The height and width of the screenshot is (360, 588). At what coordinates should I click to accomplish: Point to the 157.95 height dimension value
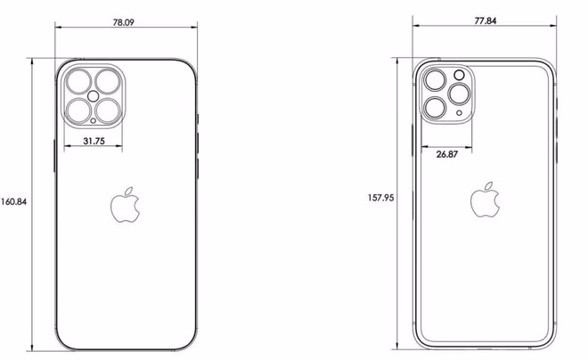pyautogui.click(x=380, y=197)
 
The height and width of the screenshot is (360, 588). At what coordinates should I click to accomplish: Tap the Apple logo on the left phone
pyautogui.click(x=125, y=205)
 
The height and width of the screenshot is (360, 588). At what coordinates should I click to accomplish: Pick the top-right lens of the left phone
pyautogui.click(x=109, y=80)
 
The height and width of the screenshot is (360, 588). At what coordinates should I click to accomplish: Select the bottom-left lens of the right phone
pyautogui.click(x=436, y=108)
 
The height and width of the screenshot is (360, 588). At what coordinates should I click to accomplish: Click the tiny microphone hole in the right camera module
pyautogui.click(x=460, y=113)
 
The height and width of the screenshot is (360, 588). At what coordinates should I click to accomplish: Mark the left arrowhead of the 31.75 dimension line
pyautogui.click(x=67, y=149)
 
